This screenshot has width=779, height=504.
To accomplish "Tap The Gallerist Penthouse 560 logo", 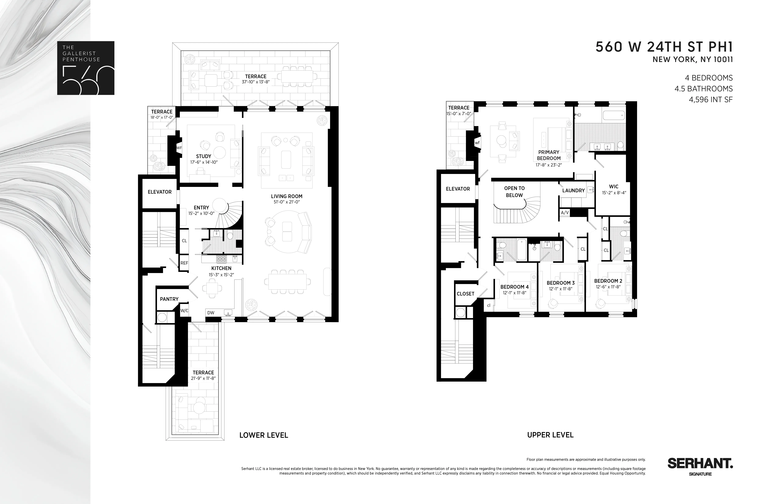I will tap(86, 68).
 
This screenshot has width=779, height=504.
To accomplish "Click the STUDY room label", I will tap(204, 156).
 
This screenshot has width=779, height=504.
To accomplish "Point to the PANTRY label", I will tap(169, 299).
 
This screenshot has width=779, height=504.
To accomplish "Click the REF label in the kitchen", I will tap(184, 263).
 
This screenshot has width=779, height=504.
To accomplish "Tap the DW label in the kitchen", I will tap(211, 313).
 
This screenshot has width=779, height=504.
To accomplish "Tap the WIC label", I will tap(614, 186).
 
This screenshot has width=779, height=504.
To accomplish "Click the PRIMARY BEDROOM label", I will tap(549, 155).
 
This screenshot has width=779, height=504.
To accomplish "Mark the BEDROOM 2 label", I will tap(608, 281).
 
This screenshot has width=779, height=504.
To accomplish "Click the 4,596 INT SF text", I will tap(711, 99).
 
